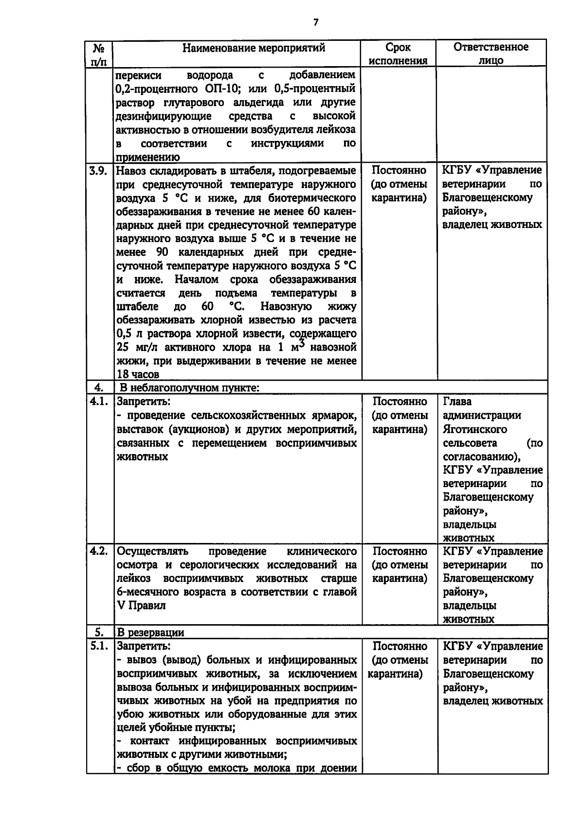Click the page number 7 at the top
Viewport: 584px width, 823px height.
316,22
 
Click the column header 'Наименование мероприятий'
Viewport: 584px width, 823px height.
254,48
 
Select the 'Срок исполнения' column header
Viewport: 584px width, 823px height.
398,54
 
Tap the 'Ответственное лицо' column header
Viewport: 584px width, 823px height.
491,53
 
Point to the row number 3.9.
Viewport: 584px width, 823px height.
99,171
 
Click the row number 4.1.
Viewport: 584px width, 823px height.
99,402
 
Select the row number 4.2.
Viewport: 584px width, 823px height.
99,552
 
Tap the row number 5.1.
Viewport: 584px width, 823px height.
99,647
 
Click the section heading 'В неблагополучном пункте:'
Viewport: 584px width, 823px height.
189,388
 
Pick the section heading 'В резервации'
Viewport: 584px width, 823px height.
151,633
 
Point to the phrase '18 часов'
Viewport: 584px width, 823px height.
138,375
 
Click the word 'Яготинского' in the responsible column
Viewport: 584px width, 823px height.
475,429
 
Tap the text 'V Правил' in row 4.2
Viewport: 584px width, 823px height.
141,606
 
